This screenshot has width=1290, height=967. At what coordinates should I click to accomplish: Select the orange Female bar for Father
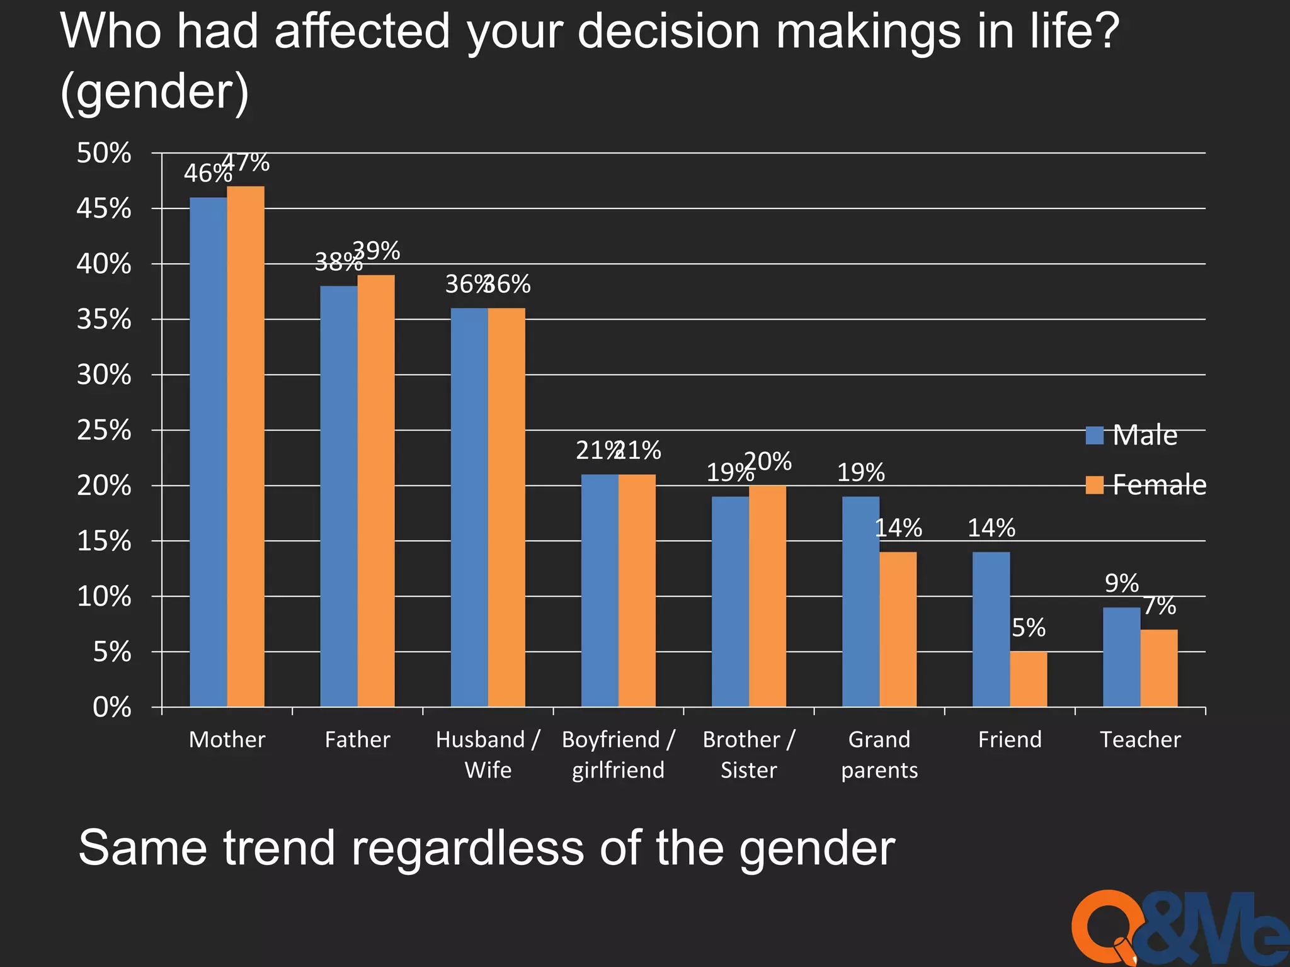pos(376,490)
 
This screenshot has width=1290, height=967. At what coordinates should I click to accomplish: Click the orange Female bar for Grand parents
pos(898,629)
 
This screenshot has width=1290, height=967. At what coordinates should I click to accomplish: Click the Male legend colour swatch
pos(1095,435)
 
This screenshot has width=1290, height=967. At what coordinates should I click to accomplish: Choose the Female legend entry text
pos(1159,485)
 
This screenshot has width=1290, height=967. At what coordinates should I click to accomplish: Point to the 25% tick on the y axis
pos(104,431)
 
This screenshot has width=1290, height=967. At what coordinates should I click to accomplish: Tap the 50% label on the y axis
pos(104,153)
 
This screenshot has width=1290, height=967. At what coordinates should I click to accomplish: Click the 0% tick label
pos(111,708)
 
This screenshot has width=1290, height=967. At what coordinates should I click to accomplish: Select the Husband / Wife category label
pos(488,754)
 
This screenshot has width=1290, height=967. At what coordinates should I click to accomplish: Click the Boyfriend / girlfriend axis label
pos(618,754)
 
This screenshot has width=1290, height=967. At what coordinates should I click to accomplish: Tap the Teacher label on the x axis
pos(1140,739)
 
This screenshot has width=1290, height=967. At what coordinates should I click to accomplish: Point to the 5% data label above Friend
pos(1028,628)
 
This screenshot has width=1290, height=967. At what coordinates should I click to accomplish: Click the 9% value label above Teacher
pos(1121,584)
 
